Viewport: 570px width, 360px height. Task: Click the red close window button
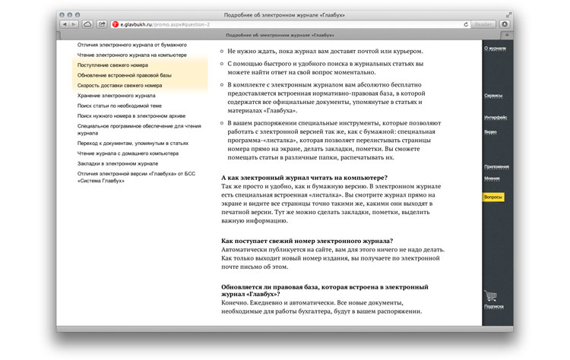63,14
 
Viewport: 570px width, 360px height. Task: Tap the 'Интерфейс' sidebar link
495,117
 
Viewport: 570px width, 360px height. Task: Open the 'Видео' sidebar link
490,131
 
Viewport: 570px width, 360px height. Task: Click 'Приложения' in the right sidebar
496,166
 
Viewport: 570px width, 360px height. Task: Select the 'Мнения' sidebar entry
492,178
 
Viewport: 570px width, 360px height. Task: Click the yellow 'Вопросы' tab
494,197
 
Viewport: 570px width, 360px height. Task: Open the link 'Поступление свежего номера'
112,65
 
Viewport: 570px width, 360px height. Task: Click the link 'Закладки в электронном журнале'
117,163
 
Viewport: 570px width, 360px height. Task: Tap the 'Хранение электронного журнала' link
116,96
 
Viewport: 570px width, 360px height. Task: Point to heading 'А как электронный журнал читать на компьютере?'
304,177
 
